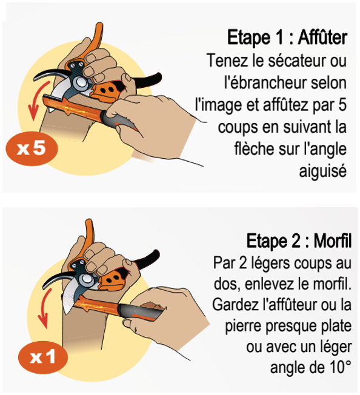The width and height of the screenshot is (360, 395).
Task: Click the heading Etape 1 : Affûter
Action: click(287, 38)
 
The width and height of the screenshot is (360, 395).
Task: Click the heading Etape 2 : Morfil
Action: click(299, 241)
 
